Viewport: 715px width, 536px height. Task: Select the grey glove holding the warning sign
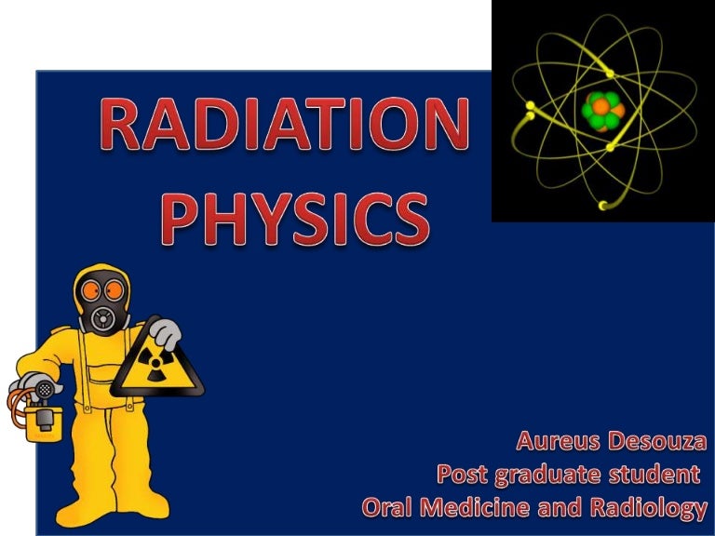click(166, 332)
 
